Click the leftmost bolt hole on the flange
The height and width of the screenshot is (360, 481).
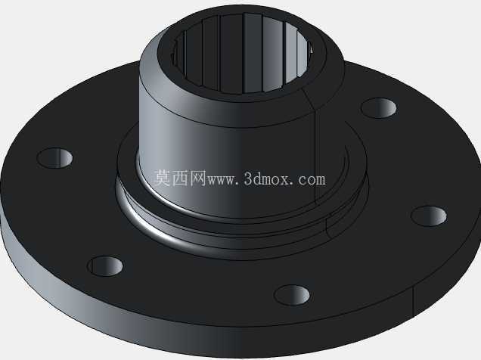point(55,158)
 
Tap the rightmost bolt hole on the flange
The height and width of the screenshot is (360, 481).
point(429,216)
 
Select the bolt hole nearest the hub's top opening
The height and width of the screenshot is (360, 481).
point(379,108)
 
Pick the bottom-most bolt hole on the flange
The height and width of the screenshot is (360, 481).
point(292,295)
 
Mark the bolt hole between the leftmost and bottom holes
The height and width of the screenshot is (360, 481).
point(105,266)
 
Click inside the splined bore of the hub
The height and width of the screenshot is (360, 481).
point(242,54)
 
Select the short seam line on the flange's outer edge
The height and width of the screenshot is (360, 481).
point(414,300)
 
